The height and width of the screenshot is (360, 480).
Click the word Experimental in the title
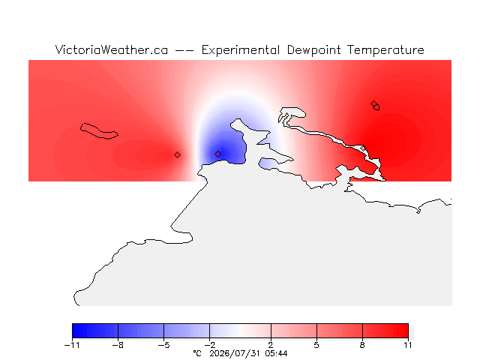240,50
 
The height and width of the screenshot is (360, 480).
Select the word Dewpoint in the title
313,50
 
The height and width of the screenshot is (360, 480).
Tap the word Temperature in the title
385,50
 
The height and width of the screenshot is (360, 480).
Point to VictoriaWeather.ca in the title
112,50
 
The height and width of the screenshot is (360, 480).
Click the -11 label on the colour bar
72,345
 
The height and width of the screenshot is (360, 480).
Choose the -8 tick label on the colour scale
118,345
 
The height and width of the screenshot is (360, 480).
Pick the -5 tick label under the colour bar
163,345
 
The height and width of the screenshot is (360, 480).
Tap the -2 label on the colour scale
209,345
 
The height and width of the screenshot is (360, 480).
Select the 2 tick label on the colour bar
271,345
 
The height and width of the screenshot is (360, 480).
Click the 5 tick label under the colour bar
316,345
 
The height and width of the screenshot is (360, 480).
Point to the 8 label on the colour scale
362,345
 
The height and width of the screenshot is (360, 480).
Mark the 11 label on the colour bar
408,345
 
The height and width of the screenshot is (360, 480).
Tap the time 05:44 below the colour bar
276,354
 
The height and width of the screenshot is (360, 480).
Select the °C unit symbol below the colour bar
197,353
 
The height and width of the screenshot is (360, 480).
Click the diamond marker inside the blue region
217,154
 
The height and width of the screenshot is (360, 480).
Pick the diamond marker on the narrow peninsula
363,148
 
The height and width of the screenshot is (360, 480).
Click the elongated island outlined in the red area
99,131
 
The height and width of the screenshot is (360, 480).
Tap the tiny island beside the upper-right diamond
376,107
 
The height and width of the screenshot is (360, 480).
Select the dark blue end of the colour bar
76,331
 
